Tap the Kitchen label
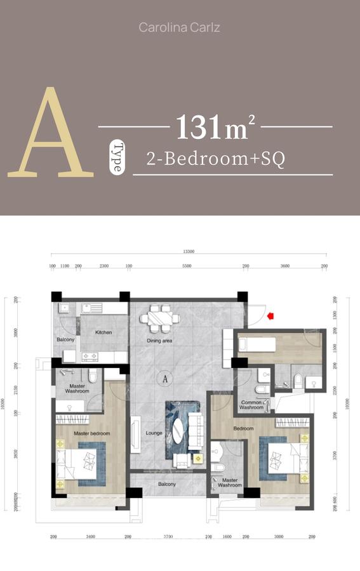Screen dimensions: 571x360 coord(103,332)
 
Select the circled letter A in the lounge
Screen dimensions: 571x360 coord(165,379)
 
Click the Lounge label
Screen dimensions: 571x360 coord(154,433)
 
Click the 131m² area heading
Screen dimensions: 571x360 coord(215,127)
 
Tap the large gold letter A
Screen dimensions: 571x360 coord(51,135)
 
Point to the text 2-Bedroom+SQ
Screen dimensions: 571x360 coord(215,159)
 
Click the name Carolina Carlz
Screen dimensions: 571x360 coord(180,28)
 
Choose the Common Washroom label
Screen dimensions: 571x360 coord(251,404)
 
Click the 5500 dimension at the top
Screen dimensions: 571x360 coord(187,266)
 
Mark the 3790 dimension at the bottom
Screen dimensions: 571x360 coord(168,537)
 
